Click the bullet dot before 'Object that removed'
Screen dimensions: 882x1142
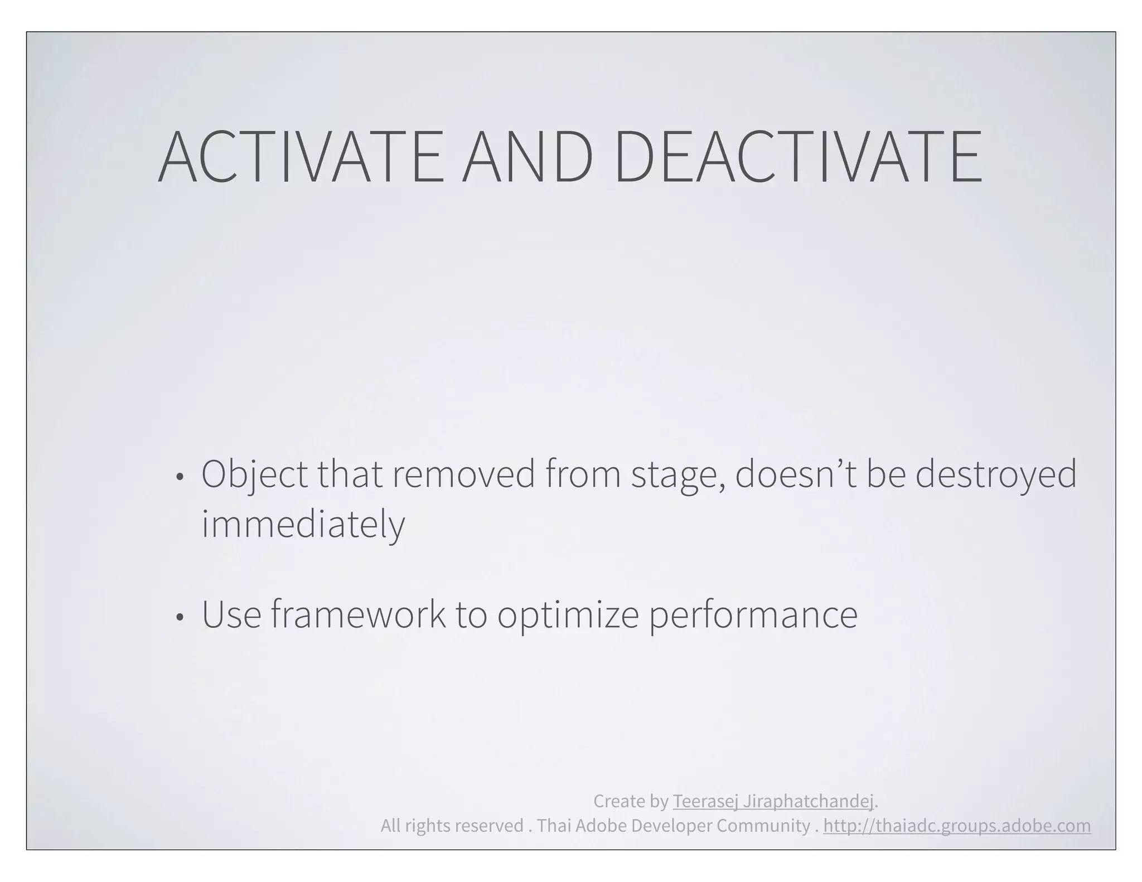(x=179, y=477)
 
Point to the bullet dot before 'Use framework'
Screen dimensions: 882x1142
(x=179, y=617)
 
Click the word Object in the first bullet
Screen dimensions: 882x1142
(x=254, y=475)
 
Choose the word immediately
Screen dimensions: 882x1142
(x=303, y=525)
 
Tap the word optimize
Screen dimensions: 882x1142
(x=568, y=616)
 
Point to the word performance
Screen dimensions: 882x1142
(x=753, y=616)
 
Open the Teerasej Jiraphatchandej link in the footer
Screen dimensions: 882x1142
(x=773, y=801)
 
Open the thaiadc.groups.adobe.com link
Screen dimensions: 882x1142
(x=957, y=826)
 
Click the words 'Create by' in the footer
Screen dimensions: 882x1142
(x=631, y=801)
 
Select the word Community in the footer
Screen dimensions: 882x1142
(x=763, y=826)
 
